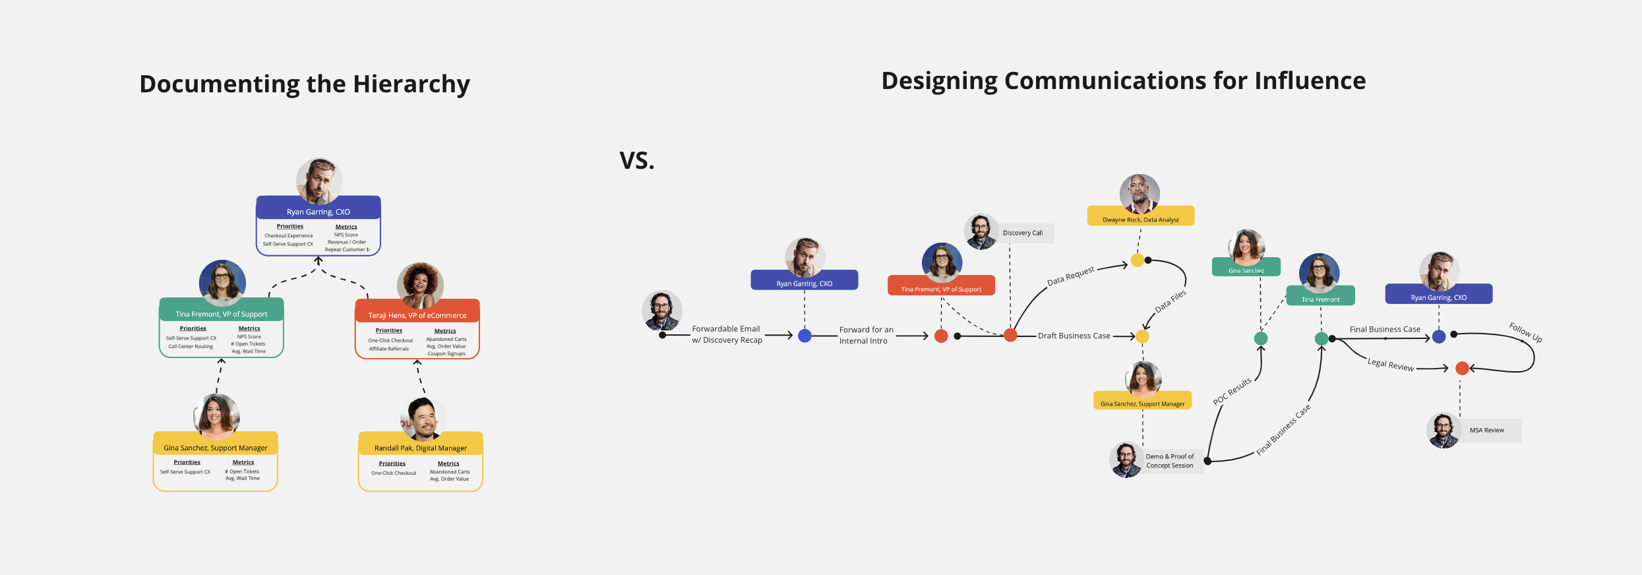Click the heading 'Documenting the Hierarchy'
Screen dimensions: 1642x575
tap(305, 84)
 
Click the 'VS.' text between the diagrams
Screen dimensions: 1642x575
tap(637, 161)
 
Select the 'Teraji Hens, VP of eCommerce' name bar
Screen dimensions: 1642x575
tap(417, 315)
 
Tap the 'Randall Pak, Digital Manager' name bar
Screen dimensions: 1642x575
tap(421, 448)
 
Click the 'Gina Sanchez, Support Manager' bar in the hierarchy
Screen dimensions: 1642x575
tap(216, 448)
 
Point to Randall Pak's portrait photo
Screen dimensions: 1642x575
tap(423, 418)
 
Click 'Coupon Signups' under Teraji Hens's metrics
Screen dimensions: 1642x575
tap(446, 354)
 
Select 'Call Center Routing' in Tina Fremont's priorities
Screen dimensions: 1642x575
tap(191, 346)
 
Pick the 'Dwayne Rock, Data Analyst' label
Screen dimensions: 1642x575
tap(1140, 220)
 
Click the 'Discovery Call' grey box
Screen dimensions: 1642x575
tap(1023, 233)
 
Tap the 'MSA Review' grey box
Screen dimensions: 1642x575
tap(1486, 431)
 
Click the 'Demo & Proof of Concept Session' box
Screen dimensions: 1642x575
tap(1169, 461)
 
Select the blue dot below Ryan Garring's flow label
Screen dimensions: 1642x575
tap(805, 336)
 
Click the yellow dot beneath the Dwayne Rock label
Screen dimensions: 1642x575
tap(1138, 260)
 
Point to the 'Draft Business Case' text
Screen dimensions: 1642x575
tap(1074, 336)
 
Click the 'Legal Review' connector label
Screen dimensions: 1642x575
tap(1391, 365)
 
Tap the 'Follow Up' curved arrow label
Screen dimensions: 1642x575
tap(1525, 332)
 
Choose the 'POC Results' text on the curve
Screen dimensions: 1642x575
tap(1232, 392)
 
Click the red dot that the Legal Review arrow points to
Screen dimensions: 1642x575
tap(1462, 368)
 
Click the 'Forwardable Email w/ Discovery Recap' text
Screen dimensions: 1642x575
tap(727, 334)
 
